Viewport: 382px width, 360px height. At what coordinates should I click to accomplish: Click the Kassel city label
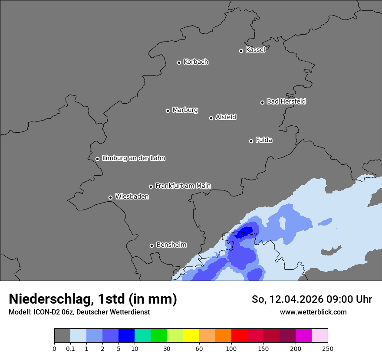pos(255,50)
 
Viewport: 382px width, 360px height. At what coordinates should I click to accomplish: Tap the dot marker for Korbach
pos(179,62)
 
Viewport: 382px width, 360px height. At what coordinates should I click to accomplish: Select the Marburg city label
pos(185,110)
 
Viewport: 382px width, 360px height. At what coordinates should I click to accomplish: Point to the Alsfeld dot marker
pos(211,118)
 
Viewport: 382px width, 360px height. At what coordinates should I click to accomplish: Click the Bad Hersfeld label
pos(286,101)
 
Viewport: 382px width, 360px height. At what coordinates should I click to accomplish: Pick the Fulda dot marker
pos(251,141)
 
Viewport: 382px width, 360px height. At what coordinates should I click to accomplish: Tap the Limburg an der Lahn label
pos(133,158)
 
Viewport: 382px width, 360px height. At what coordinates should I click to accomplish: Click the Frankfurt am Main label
pos(183,186)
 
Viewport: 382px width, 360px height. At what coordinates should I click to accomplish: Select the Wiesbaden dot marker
pos(110,197)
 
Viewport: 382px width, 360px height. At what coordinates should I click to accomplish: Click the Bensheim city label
pos(171,245)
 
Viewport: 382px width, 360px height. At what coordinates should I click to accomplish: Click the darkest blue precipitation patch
pos(246,231)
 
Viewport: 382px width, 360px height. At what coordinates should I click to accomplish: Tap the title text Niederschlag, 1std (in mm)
pos(93,299)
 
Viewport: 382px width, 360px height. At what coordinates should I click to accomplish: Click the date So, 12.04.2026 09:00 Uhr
pos(312,299)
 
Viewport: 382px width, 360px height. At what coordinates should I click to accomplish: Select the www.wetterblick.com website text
pos(313,312)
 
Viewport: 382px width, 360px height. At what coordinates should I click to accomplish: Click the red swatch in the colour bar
pos(239,336)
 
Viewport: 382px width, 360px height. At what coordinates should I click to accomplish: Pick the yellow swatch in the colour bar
pos(191,336)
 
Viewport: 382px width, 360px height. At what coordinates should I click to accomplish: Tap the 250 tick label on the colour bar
pos(328,348)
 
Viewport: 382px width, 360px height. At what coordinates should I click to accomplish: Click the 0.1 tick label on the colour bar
pos(70,348)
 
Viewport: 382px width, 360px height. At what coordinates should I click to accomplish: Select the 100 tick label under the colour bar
pos(231,348)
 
